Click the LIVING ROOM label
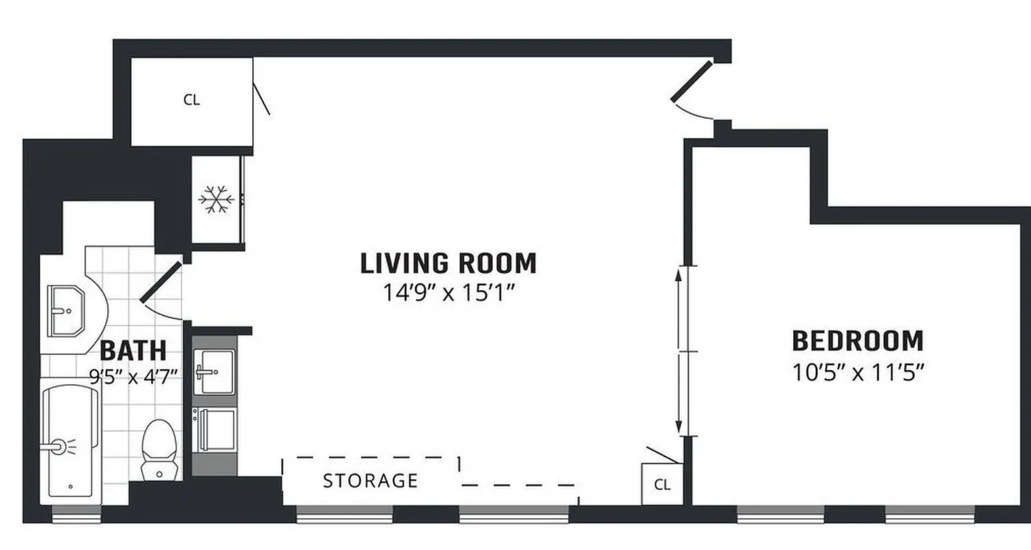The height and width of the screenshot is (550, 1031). coord(448,263)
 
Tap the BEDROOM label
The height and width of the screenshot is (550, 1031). coord(857,341)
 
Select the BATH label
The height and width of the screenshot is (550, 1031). coord(133,351)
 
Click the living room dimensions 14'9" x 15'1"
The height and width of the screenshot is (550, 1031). coord(448,294)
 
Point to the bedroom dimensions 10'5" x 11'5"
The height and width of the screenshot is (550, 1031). coord(857,373)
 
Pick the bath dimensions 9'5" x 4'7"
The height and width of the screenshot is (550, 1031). coord(133,375)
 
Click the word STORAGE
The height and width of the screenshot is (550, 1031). coord(370,481)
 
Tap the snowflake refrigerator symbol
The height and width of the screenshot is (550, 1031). coord(216,200)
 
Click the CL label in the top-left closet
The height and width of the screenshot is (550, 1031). coord(192,100)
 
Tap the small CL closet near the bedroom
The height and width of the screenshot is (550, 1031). coord(662,485)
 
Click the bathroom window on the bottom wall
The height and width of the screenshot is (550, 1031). coord(76,514)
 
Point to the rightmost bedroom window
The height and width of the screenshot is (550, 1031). coord(929,514)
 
